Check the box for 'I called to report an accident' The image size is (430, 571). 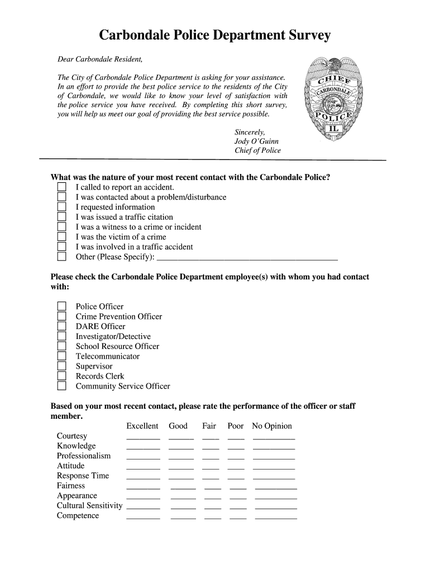62,187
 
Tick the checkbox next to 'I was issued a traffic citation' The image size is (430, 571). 62,217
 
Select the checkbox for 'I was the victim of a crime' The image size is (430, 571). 62,237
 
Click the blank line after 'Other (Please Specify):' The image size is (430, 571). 247,257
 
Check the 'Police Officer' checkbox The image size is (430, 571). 62,307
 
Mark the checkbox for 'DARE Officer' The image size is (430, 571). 62,327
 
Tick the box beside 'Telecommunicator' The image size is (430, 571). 62,356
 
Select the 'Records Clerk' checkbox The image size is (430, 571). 62,376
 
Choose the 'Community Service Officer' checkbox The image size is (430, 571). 62,386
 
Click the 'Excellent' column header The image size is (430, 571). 142,426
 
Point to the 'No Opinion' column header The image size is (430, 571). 272,426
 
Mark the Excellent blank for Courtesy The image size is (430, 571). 143,437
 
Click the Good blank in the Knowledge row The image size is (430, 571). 181,447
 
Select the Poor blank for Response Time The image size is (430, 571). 236,477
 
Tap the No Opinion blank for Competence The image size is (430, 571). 276,517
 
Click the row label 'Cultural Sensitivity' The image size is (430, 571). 89,506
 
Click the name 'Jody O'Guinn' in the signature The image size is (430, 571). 256,142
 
